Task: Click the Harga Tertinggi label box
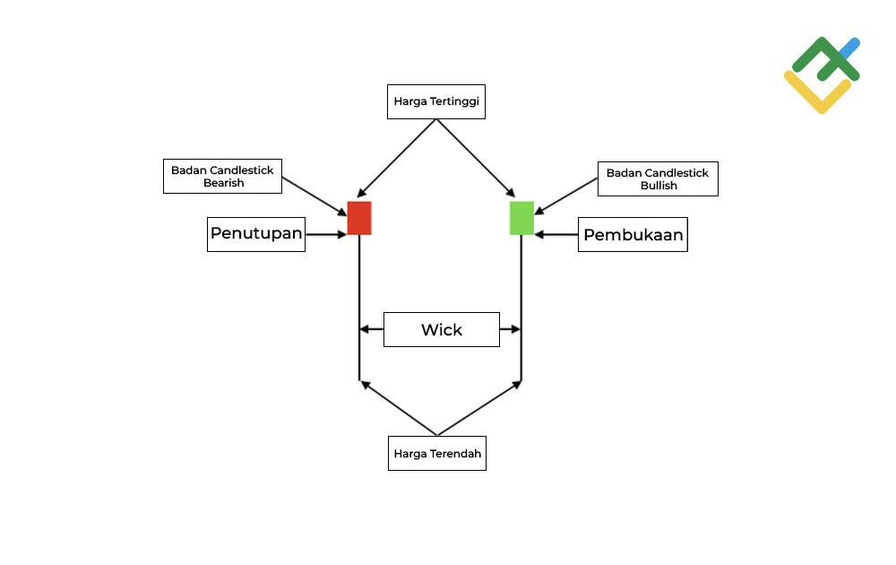coord(436,101)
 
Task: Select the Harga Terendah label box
coord(437,454)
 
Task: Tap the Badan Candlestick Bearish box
coord(223,176)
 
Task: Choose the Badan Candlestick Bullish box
coord(658,179)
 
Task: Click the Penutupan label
coord(256,234)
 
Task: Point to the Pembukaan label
coord(633,235)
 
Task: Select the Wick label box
coord(442,330)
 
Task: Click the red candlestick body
coord(359,218)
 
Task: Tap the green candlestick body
coord(521,218)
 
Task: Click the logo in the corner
coord(822,74)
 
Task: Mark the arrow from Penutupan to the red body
coord(326,235)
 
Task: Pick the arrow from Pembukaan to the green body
coord(556,235)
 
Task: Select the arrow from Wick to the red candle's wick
coord(371,330)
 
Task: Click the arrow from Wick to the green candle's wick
coord(510,330)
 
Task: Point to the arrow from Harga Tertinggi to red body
coord(397,158)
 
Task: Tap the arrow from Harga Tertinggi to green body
coord(476,158)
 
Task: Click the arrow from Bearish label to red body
coord(314,196)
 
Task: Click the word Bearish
coord(223,183)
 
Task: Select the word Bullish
coord(659,186)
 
